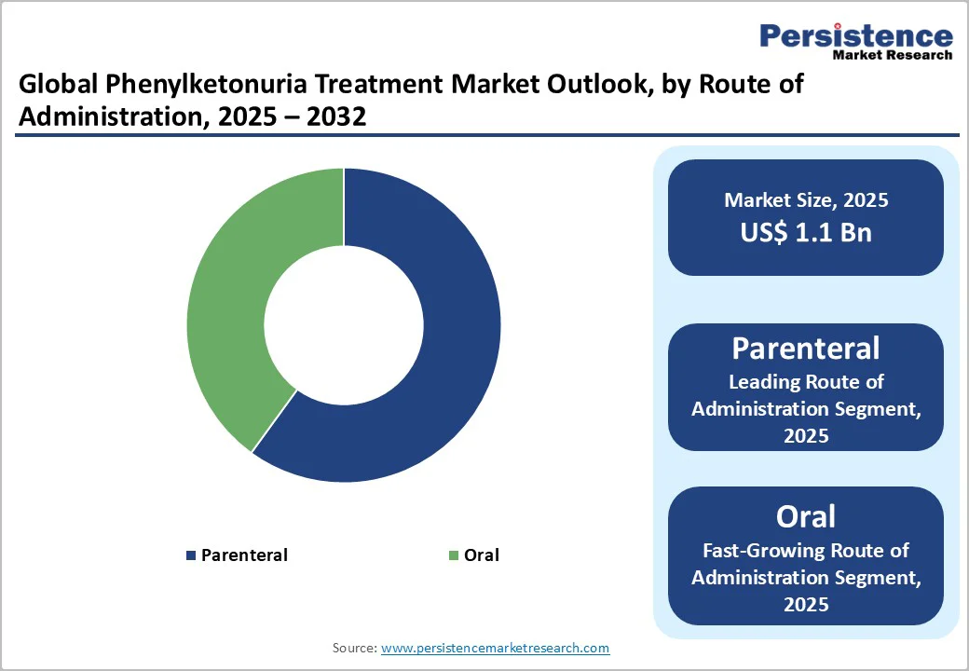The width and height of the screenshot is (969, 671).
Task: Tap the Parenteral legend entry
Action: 244,555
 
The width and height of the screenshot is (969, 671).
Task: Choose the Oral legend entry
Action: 482,555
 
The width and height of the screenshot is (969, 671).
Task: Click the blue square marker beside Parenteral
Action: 192,555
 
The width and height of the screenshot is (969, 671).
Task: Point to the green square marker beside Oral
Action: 454,555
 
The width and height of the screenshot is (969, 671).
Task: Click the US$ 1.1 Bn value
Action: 806,232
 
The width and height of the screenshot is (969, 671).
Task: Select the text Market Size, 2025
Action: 806,200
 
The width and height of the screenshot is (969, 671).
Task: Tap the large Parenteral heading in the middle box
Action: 806,349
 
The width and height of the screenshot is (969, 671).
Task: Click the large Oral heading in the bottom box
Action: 806,516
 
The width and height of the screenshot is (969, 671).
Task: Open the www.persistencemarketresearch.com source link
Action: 496,648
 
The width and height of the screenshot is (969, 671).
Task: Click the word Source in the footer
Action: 353,648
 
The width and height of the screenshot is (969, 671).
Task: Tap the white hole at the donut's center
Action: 344,325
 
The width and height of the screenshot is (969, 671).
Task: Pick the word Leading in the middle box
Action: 763,382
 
